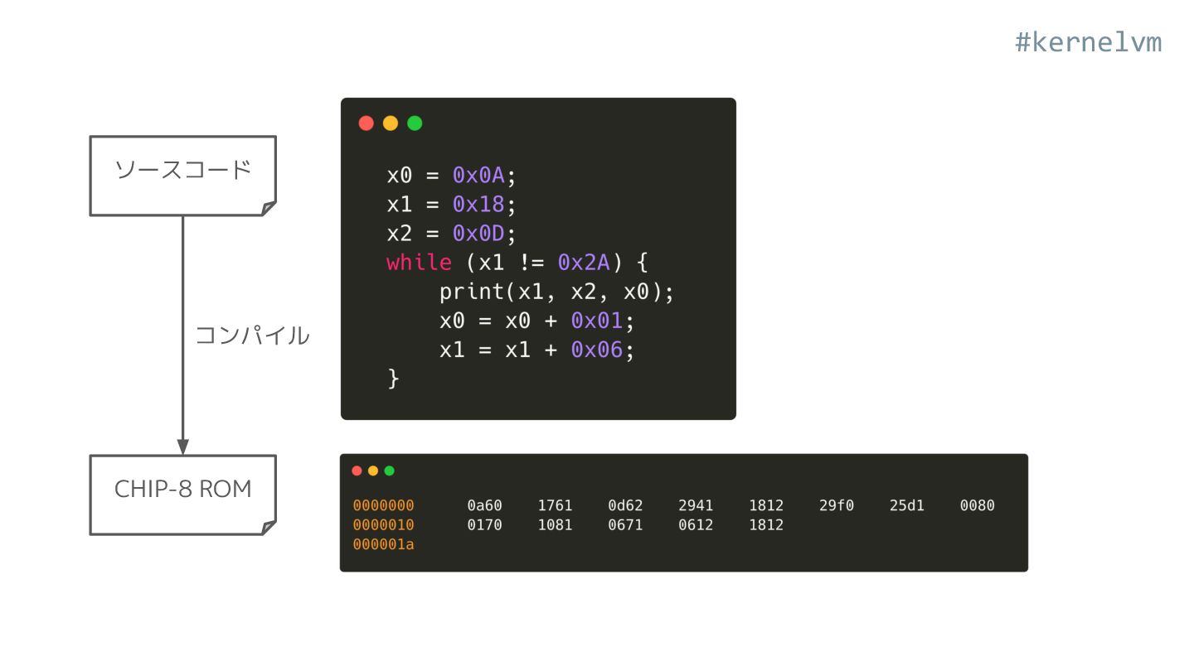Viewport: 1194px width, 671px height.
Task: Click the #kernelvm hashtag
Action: tap(1088, 42)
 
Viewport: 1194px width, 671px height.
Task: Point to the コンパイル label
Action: tap(252, 335)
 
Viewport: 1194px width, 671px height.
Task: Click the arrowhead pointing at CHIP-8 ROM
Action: tap(183, 446)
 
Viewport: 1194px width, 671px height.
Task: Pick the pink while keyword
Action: tap(419, 263)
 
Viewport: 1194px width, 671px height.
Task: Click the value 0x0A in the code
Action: tap(478, 176)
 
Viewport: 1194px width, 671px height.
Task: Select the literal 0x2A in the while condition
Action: tap(584, 263)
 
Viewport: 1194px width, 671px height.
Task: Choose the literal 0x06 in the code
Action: tap(596, 350)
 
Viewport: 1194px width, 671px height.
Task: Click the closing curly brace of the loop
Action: tap(393, 379)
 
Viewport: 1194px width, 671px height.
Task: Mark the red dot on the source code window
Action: tap(366, 123)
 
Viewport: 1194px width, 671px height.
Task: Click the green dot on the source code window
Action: tap(415, 123)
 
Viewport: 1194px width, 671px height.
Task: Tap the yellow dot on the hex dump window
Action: tap(373, 471)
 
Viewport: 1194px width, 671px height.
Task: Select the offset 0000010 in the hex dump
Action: tap(383, 524)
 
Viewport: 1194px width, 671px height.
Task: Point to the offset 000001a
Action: tap(383, 544)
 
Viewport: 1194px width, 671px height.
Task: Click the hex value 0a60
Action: tap(484, 505)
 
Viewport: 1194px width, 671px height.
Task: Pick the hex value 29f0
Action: tap(836, 505)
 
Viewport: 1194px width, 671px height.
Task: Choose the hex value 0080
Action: tap(977, 505)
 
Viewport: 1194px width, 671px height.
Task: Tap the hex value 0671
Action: tap(625, 524)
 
